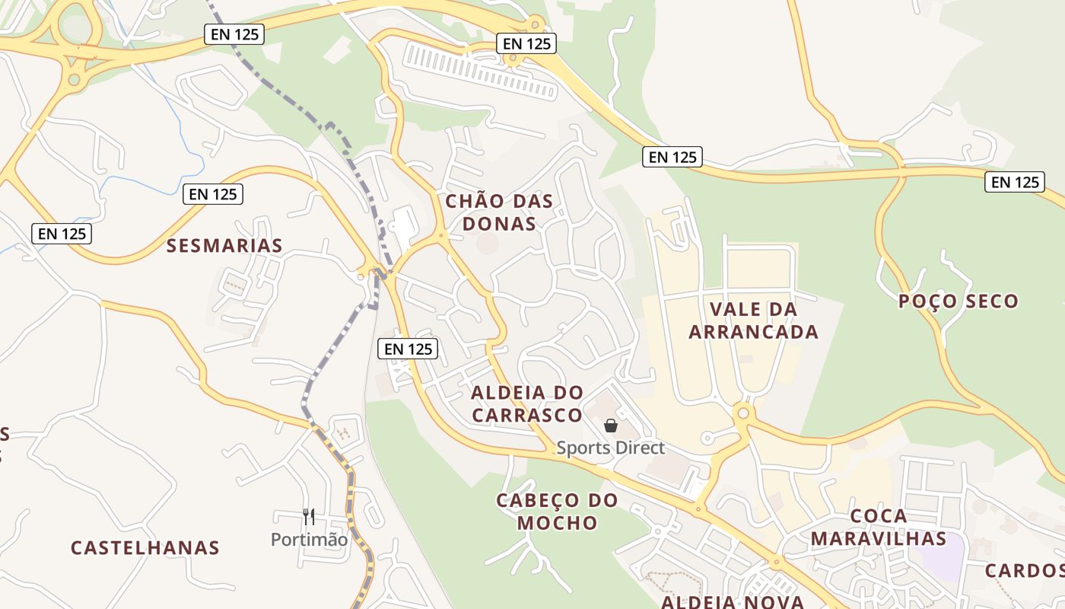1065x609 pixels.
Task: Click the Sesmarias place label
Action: pyautogui.click(x=224, y=245)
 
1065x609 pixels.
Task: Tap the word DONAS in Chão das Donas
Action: pyautogui.click(x=499, y=224)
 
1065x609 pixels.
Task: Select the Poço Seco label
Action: pyautogui.click(x=958, y=301)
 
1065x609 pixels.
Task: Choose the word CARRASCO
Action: pyautogui.click(x=526, y=416)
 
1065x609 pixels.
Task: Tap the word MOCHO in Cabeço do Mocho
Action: pyautogui.click(x=557, y=523)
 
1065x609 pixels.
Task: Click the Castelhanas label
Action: pyautogui.click(x=145, y=547)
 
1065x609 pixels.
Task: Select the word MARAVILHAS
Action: pyautogui.click(x=878, y=539)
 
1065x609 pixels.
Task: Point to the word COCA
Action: pyautogui.click(x=879, y=516)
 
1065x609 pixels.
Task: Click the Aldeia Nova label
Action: pyautogui.click(x=732, y=602)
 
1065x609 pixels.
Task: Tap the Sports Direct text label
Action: pyautogui.click(x=610, y=448)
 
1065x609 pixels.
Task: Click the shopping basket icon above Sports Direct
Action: pyautogui.click(x=610, y=426)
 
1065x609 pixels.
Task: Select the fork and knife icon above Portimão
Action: pyautogui.click(x=309, y=517)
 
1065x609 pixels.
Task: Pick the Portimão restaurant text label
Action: pyautogui.click(x=309, y=540)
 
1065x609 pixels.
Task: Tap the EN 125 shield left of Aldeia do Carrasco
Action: pyautogui.click(x=409, y=349)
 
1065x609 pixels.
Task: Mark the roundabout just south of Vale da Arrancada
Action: pyautogui.click(x=743, y=413)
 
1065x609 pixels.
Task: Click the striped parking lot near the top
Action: pyautogui.click(x=481, y=70)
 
